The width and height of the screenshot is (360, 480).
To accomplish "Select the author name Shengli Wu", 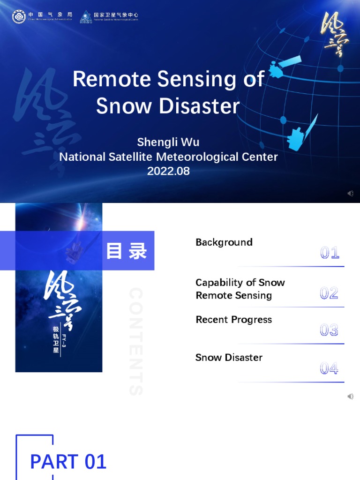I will tap(168, 142).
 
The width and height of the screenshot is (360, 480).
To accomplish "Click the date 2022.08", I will tap(168, 171).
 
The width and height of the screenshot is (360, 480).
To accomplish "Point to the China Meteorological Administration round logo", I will tap(19, 16).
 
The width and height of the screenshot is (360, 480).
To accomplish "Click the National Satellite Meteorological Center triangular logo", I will tap(86, 17).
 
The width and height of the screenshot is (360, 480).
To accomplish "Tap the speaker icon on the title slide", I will tap(350, 193).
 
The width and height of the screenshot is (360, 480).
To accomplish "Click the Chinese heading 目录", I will tap(127, 251).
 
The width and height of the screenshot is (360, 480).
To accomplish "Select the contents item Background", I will tap(224, 242).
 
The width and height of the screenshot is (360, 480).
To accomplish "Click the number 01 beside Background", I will tap(330, 254).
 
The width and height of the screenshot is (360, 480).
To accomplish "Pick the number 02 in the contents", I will tap(329, 294).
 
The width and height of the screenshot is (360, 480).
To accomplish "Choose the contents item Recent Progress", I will tap(233, 320).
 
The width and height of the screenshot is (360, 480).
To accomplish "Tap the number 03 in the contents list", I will tap(329, 331).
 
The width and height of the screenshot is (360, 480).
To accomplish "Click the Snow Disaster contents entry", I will tap(229, 358).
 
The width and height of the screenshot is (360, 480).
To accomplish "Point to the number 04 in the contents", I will tap(329, 369).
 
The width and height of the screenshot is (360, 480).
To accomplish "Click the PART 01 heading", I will tap(68, 462).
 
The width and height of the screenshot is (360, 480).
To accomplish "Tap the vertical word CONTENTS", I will tap(135, 342).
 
